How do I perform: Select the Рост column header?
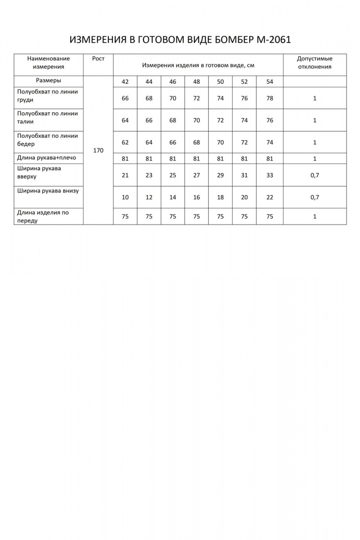click(98, 58)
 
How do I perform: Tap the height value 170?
click(98, 150)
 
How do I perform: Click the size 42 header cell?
click(125, 82)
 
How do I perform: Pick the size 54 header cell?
click(270, 82)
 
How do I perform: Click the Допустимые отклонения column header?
click(315, 63)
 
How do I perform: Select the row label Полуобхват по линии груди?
click(47, 95)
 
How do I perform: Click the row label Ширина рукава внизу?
click(48, 191)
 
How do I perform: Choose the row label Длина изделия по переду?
click(43, 216)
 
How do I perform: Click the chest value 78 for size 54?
click(270, 98)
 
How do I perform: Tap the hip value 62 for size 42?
click(125, 142)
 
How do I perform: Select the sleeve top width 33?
click(270, 175)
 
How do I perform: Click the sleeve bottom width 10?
click(125, 197)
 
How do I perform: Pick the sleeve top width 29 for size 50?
click(220, 175)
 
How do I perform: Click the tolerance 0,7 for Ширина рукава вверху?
click(315, 175)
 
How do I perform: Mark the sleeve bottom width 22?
click(270, 197)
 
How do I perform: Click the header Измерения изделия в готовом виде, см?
click(198, 65)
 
